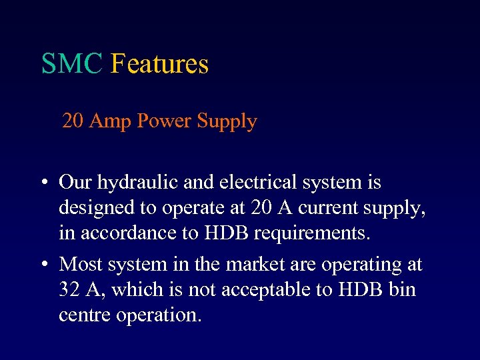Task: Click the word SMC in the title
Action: (72, 64)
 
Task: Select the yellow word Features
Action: (159, 64)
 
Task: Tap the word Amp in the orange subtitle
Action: (110, 121)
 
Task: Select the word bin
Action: (401, 290)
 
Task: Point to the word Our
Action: (76, 182)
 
